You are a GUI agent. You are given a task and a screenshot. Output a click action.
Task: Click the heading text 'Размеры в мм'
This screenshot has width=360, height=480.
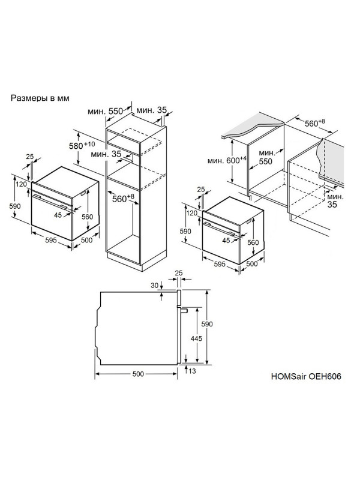(40, 98)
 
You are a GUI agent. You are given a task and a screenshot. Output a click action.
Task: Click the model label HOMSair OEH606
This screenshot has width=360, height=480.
(306, 376)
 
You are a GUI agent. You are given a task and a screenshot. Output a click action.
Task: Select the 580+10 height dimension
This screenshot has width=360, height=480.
(82, 145)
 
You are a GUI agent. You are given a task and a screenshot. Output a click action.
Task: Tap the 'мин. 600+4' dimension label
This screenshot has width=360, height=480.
(227, 160)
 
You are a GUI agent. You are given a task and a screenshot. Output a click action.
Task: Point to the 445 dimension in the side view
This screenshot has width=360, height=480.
(196, 338)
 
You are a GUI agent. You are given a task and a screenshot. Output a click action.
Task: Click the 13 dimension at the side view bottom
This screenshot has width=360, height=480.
(192, 371)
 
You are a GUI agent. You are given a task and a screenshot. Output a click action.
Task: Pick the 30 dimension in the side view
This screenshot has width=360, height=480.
(155, 286)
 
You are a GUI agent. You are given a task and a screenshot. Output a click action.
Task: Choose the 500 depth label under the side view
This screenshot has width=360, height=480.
(138, 374)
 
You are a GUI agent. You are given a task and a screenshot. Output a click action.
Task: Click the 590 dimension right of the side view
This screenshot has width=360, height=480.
(207, 324)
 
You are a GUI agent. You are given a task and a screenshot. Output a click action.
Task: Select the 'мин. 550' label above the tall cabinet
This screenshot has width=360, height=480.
(105, 111)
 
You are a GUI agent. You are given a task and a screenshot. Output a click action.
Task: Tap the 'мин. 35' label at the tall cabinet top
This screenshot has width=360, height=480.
(152, 110)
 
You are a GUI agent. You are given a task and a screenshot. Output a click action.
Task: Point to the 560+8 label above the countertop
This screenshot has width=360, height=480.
(314, 123)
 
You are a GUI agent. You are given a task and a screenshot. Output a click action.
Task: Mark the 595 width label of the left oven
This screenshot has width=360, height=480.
(51, 241)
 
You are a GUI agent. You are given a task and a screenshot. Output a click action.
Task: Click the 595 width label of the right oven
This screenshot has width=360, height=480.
(220, 264)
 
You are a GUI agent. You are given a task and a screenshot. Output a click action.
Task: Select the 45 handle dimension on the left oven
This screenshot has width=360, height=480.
(58, 215)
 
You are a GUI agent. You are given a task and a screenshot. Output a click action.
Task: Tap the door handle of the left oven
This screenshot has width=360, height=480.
(50, 202)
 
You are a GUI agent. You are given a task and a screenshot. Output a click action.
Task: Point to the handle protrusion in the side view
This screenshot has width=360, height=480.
(184, 310)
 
